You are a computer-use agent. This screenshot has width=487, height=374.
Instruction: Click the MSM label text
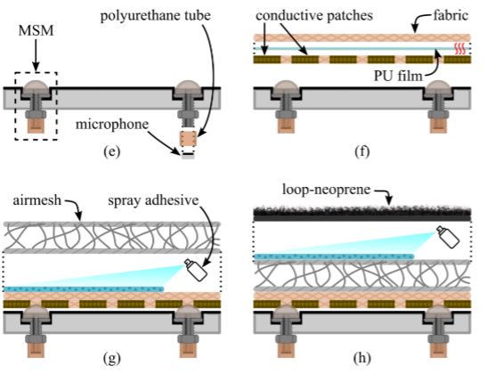[x=36, y=31]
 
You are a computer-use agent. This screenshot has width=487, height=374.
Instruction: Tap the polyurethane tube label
[x=155, y=15]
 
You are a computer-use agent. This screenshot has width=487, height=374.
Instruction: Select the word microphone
[x=112, y=125]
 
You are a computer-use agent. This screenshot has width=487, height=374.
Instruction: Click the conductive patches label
[x=314, y=15]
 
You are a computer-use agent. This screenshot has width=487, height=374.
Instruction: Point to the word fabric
[x=450, y=15]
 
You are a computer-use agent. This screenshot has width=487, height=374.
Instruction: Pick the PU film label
[x=398, y=76]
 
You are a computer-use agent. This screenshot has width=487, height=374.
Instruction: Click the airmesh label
[x=37, y=200]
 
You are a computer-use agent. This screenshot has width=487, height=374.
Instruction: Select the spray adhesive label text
[x=153, y=200]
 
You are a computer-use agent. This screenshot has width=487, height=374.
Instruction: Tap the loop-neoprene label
[x=326, y=190]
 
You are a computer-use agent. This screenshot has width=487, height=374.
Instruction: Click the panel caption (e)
[x=112, y=152]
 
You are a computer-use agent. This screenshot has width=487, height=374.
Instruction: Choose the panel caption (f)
[x=362, y=152]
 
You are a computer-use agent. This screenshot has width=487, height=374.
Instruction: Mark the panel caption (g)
[x=112, y=358]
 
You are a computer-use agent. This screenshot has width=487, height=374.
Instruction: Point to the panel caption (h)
[x=362, y=358]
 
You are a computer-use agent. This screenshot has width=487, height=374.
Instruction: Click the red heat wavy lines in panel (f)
[x=460, y=49]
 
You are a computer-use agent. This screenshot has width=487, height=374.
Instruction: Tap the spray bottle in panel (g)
[x=196, y=270]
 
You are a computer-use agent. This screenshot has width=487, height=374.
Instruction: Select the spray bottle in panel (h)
[x=448, y=237]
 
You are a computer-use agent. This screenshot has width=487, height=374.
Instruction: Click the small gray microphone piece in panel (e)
[x=188, y=158]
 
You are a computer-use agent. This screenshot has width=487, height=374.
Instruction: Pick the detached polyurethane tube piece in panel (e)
[x=188, y=139]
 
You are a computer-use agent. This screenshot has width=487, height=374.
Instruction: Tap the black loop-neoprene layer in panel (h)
[x=362, y=214]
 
